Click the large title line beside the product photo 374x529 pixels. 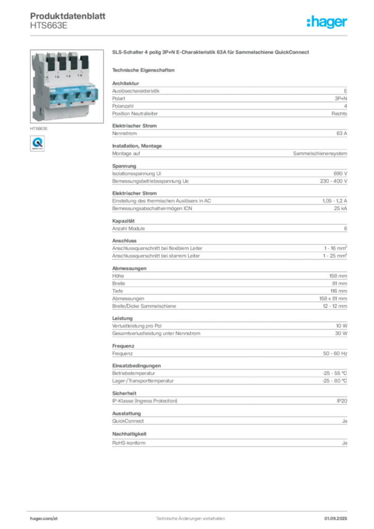coord(211,53)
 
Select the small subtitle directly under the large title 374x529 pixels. coord(145,69)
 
